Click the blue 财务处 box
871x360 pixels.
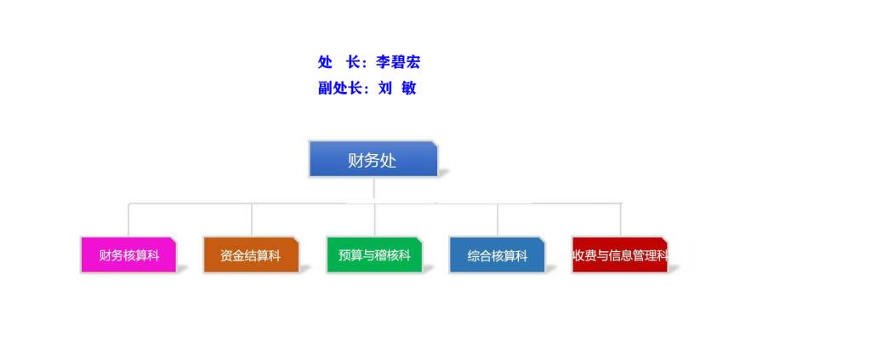point(373,159)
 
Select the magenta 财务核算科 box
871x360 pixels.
point(128,255)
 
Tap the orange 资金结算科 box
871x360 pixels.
point(251,255)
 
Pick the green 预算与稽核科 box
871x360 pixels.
point(374,255)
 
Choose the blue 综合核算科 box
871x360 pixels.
point(497,255)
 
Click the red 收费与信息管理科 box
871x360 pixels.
point(620,255)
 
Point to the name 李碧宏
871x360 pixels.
point(398,62)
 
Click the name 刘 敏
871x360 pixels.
point(397,88)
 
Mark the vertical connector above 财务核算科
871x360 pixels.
point(128,220)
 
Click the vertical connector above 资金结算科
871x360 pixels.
point(252,220)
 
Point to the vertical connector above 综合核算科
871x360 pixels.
point(498,220)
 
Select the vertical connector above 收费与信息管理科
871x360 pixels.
point(620,220)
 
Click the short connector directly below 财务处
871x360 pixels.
point(374,188)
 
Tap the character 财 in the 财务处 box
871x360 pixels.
point(356,161)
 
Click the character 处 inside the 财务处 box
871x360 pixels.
point(388,161)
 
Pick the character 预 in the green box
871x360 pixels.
point(344,255)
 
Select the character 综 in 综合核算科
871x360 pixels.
point(473,255)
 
